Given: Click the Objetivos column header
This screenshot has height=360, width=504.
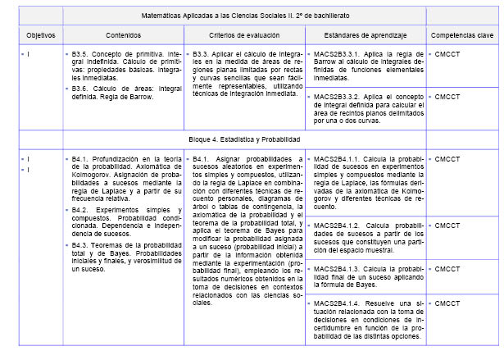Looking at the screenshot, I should coord(34,35).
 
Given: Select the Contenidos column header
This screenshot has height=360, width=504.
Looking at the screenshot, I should coord(122,35).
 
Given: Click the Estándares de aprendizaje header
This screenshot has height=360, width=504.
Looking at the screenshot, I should coord(357,35).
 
